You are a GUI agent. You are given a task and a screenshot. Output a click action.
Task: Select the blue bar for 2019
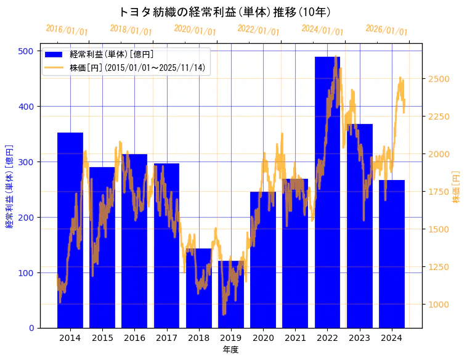pos(231,296)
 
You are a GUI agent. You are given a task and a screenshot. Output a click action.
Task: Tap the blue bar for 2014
pos(70,234)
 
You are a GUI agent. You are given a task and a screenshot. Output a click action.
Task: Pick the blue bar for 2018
pos(198,290)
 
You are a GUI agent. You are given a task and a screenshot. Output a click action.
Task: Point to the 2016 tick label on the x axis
pos(134,338)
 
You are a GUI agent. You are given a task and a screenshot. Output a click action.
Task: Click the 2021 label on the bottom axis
pos(295,338)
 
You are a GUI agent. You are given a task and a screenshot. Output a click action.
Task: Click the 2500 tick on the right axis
pos(439,79)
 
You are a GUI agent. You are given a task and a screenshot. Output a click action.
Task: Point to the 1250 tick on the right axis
pos(439,267)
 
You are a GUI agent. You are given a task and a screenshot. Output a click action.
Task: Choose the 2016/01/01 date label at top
pos(67,30)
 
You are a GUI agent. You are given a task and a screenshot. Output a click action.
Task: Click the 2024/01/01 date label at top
pos(323,30)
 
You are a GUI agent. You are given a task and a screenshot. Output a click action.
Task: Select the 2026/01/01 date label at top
pos(387,30)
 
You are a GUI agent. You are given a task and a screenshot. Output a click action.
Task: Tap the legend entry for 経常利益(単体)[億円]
pos(112,55)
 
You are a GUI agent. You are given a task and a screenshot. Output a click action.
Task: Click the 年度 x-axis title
pos(230,350)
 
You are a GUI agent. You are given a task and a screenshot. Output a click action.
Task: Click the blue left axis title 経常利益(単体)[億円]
pos(10,187)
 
